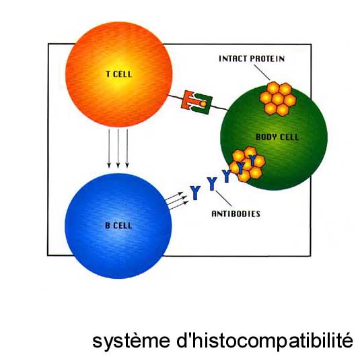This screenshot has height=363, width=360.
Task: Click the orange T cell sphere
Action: click(x=119, y=74)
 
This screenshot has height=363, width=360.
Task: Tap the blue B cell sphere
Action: click(x=118, y=226)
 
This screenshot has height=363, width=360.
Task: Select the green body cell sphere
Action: click(x=274, y=137)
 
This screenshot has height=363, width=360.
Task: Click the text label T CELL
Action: click(x=118, y=74)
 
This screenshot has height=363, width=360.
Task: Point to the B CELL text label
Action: click(x=118, y=226)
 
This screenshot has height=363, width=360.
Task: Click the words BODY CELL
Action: click(x=277, y=137)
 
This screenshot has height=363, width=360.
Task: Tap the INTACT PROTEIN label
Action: click(x=252, y=59)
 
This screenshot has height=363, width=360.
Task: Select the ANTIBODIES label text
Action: click(x=236, y=213)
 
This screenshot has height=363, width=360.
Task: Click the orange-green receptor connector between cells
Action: click(x=197, y=102)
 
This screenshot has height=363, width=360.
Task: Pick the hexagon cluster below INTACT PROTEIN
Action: click(x=278, y=99)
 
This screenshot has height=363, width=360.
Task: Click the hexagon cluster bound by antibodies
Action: click(x=247, y=164)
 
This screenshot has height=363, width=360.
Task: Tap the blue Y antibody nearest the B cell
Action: click(x=195, y=193)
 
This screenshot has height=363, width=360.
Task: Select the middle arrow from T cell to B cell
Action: click(x=118, y=148)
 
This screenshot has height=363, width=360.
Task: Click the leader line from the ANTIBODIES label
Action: click(x=223, y=199)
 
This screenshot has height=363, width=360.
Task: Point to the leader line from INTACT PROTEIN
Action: click(x=262, y=73)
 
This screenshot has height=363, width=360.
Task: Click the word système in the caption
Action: click(x=131, y=341)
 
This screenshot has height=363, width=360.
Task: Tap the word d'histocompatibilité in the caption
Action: click(x=265, y=340)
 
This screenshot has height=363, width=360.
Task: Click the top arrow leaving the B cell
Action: click(x=174, y=196)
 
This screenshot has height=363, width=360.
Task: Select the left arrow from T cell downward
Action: click(x=109, y=148)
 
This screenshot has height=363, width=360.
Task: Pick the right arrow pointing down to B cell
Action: click(x=127, y=148)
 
